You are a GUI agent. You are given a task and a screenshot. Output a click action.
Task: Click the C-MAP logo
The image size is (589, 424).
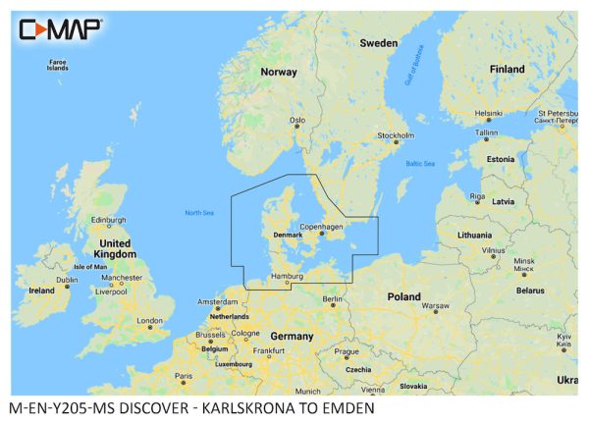coord(60,28)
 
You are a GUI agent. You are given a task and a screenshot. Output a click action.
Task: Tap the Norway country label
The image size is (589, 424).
coord(278,72)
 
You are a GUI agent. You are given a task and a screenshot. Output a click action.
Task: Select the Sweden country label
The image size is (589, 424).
coord(378,43)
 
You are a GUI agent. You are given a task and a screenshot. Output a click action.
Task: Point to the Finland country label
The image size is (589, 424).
coord(508,69)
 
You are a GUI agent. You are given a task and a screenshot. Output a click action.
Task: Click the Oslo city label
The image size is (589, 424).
coord(297,121)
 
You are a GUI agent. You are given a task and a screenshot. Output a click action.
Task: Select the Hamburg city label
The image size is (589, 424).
coord(287,278)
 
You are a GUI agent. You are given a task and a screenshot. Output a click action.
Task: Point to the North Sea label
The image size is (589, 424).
coord(199,214)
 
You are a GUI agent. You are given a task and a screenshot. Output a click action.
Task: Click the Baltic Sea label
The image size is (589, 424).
coord(419,163)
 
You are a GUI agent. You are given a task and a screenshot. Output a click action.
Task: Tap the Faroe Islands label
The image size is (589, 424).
coord(58,65)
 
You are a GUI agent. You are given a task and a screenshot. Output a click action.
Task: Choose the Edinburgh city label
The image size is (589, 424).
coord(108,220)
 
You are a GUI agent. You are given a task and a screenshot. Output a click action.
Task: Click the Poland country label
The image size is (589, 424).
coord(403,295)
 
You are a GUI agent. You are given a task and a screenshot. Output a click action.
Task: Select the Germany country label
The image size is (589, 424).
coord(292,336)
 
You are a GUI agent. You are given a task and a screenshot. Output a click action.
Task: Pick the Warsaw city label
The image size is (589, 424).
coord(435,306)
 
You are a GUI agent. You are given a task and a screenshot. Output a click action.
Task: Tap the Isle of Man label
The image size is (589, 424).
coord(90,267)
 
